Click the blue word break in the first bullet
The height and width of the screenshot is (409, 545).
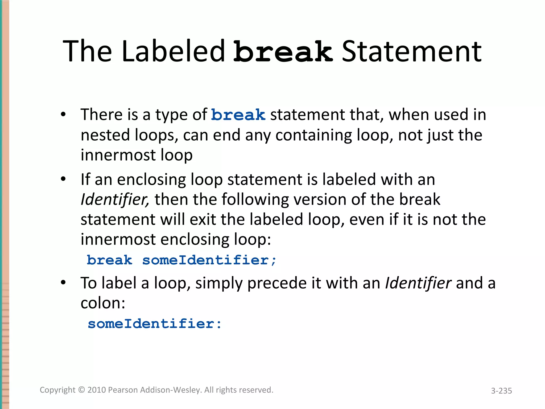(238, 115)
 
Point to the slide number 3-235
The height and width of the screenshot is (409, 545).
(501, 391)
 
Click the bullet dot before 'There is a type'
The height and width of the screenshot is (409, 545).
(63, 115)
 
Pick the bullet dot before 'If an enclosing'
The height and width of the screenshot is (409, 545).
(63, 179)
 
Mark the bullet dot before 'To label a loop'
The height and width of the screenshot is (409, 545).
(63, 283)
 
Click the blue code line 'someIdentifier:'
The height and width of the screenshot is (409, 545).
(155, 324)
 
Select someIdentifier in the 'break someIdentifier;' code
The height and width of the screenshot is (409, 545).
(209, 260)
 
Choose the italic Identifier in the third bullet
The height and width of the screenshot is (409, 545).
(418, 283)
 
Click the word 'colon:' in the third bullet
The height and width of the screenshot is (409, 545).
(103, 303)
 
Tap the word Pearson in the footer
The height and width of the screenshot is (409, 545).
(123, 390)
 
